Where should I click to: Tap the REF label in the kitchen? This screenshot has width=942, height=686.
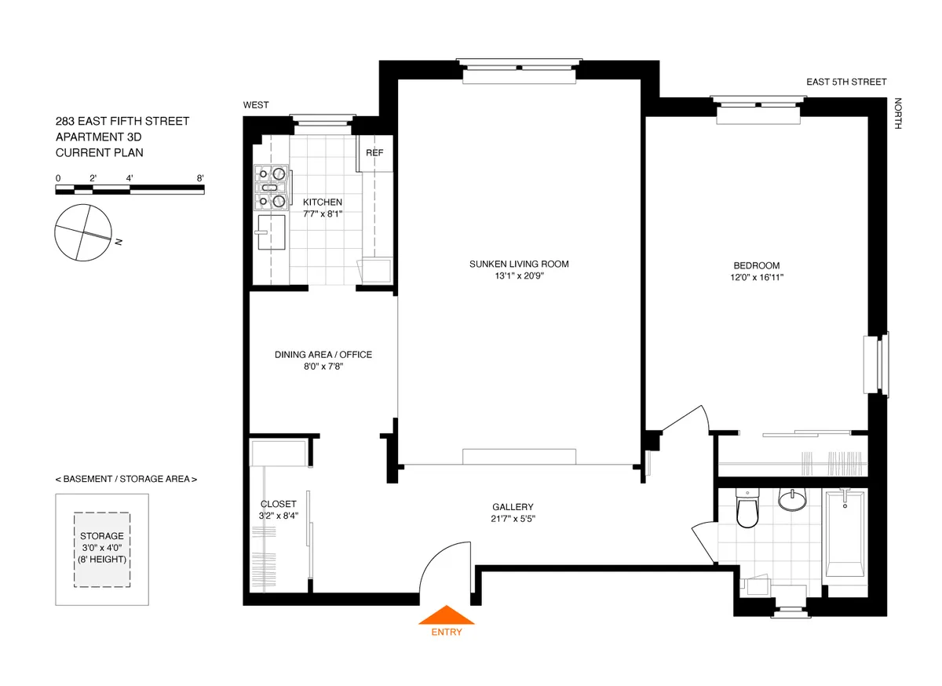[374, 152]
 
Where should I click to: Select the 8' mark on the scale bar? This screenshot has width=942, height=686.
[201, 178]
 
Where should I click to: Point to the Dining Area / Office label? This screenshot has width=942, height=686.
[323, 355]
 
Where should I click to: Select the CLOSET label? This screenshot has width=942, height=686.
[278, 504]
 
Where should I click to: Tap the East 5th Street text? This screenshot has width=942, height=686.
[847, 82]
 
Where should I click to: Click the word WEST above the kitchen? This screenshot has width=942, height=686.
[256, 105]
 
